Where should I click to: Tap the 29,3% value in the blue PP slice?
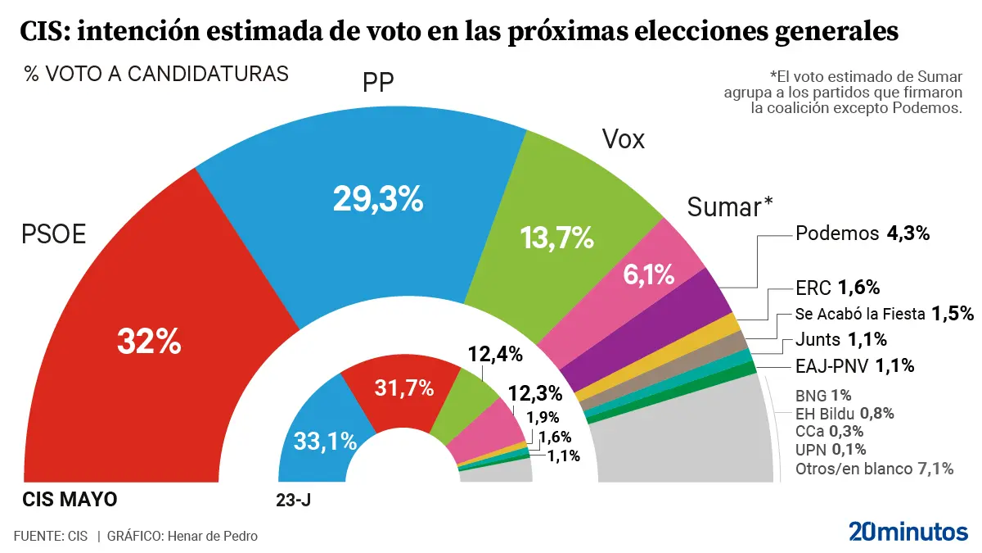click(377, 198)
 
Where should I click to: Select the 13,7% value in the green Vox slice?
click(556, 238)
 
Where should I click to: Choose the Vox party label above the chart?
click(623, 139)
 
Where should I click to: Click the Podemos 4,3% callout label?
click(863, 233)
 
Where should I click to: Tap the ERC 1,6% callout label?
click(837, 288)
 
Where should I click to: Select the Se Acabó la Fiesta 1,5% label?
click(884, 313)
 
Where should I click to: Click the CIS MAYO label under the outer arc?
click(70, 499)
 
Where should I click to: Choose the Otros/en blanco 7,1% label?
click(874, 469)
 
